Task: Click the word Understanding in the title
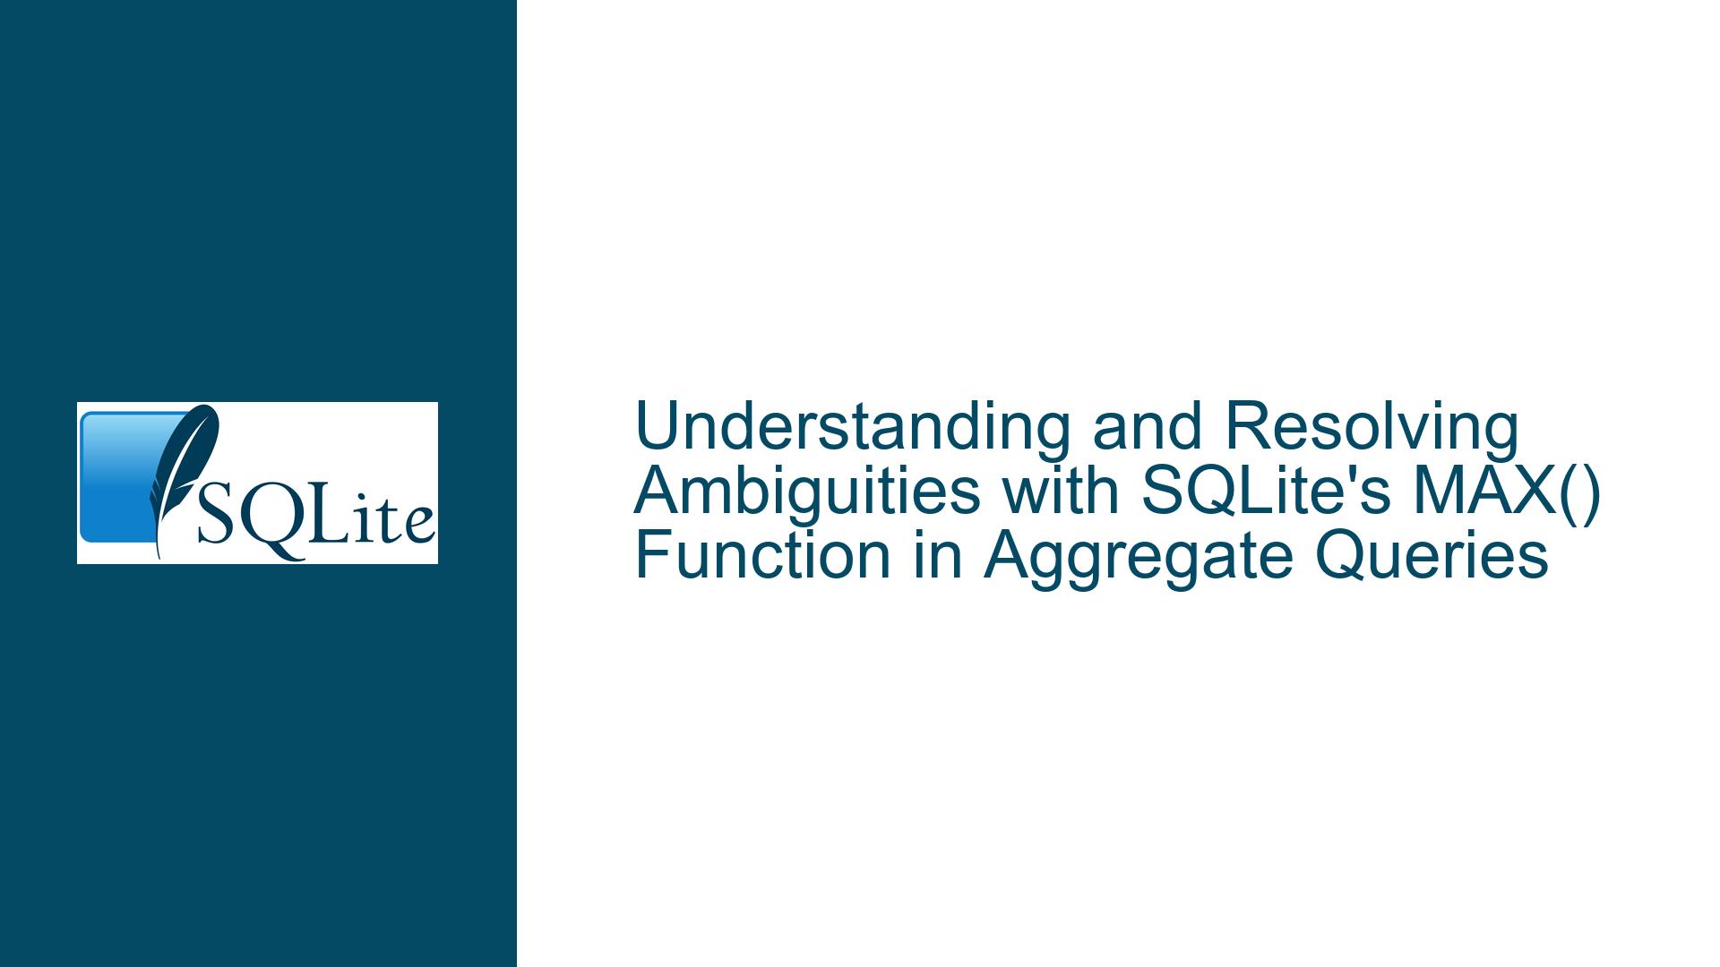[x=852, y=427]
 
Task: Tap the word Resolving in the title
[x=1372, y=427]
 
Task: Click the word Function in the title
[x=762, y=555]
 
